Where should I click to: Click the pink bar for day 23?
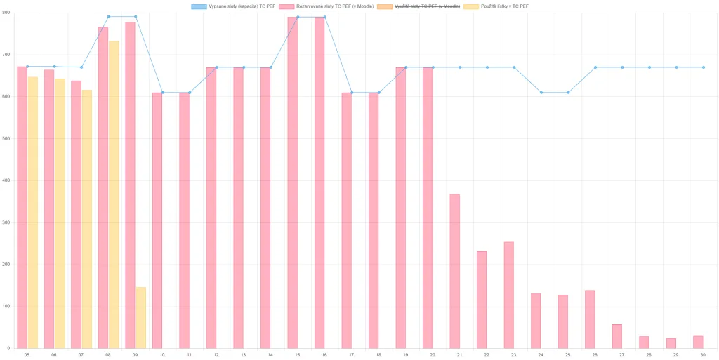(x=508, y=295)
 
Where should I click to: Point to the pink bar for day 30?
(x=698, y=342)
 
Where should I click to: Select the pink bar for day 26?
(x=590, y=319)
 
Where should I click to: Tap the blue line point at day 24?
(x=541, y=93)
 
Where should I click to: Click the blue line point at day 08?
(x=109, y=16)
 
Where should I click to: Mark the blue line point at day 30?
(x=704, y=67)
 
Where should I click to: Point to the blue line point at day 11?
(x=190, y=93)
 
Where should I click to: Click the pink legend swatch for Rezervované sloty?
(x=286, y=6)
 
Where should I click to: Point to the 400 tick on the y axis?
(x=8, y=180)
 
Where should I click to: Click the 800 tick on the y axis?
(x=8, y=13)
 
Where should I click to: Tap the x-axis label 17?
(x=352, y=355)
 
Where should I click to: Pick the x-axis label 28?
(x=649, y=355)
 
